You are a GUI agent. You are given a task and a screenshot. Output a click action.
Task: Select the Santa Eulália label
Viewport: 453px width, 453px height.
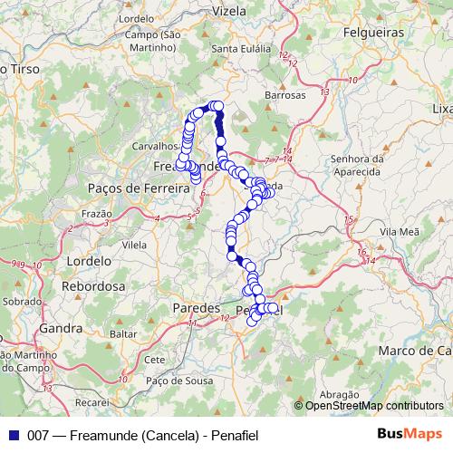(236, 48)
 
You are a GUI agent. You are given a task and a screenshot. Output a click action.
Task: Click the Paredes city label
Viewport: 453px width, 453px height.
(196, 309)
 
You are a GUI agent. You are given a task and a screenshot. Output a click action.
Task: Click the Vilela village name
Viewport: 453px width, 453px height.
(134, 245)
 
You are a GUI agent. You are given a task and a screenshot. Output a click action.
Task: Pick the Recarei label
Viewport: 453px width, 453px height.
(92, 399)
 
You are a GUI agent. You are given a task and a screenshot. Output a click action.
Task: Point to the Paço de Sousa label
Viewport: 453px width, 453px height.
(170, 381)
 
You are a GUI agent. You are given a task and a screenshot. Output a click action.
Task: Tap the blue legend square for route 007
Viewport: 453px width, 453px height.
(11, 436)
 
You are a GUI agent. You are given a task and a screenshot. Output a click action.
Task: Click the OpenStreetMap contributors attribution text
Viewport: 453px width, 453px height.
(374, 406)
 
